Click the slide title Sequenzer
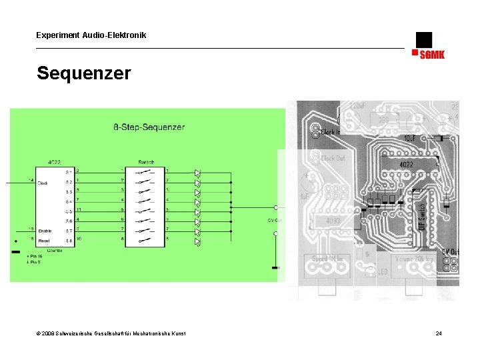point(84,73)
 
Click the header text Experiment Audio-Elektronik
point(91,35)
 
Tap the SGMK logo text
point(431,55)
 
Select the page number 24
point(439,333)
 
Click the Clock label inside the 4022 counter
point(43,183)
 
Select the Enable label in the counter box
point(45,230)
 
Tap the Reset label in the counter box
point(44,239)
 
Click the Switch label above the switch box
point(146,162)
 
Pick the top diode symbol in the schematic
point(197,173)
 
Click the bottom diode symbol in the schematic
point(197,241)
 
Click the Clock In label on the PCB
point(331,132)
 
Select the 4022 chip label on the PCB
point(405,164)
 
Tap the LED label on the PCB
point(382,272)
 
